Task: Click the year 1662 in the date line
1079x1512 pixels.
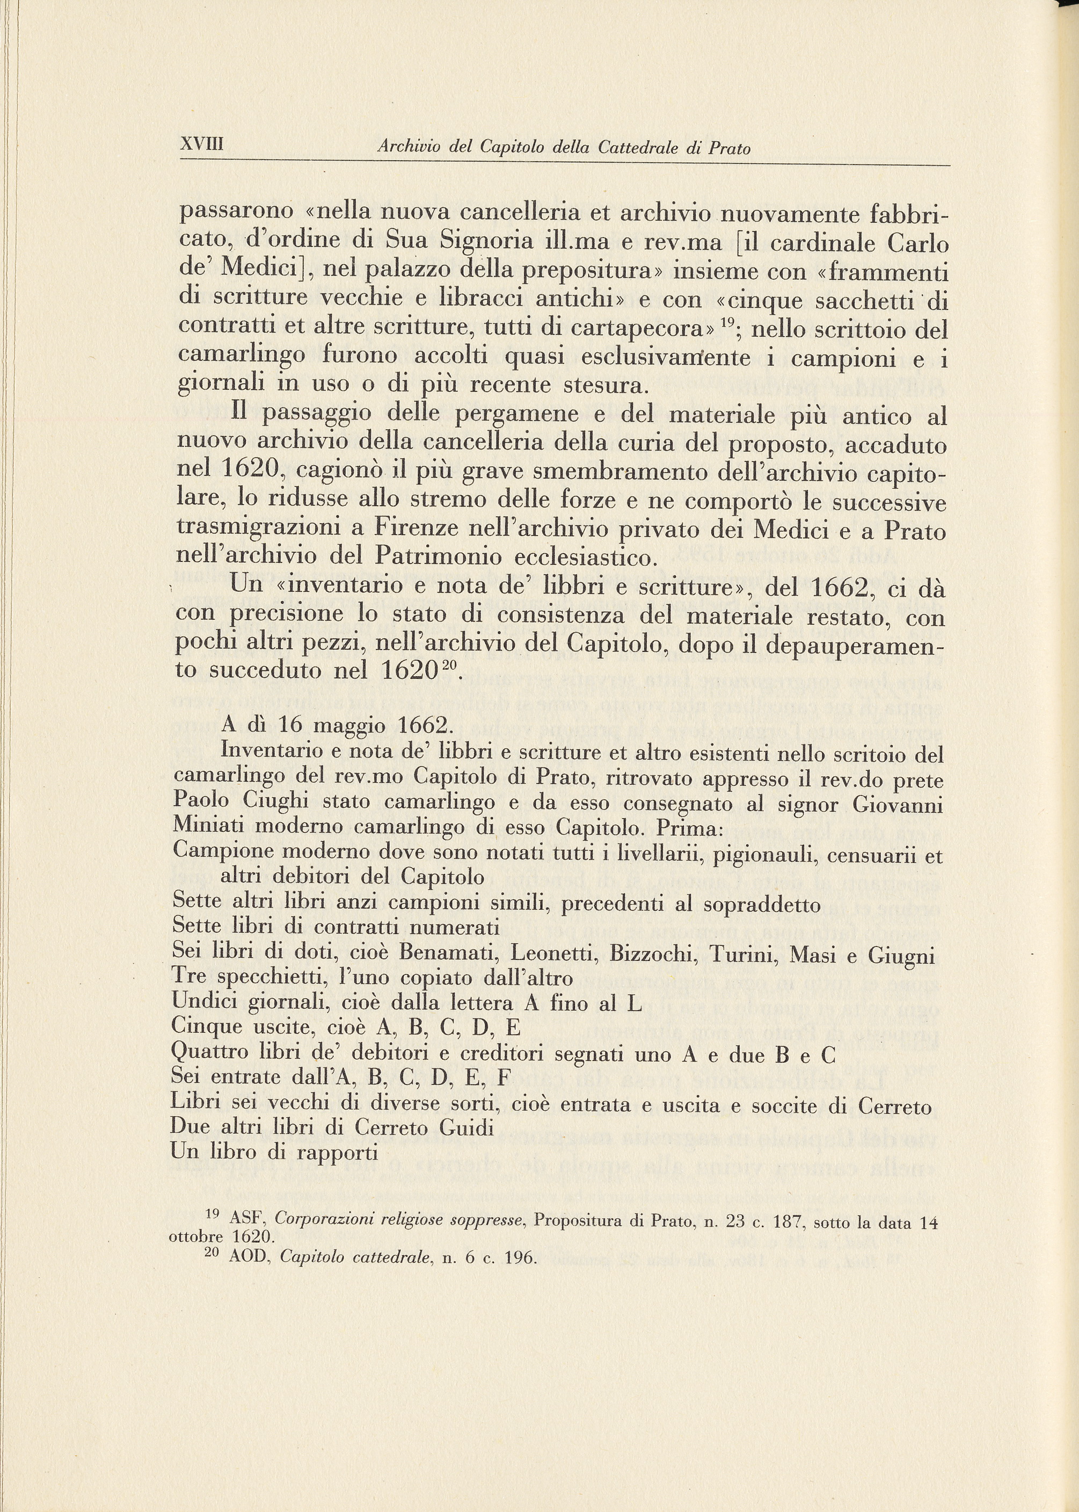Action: pos(416,725)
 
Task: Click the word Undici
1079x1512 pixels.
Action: pos(203,1003)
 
